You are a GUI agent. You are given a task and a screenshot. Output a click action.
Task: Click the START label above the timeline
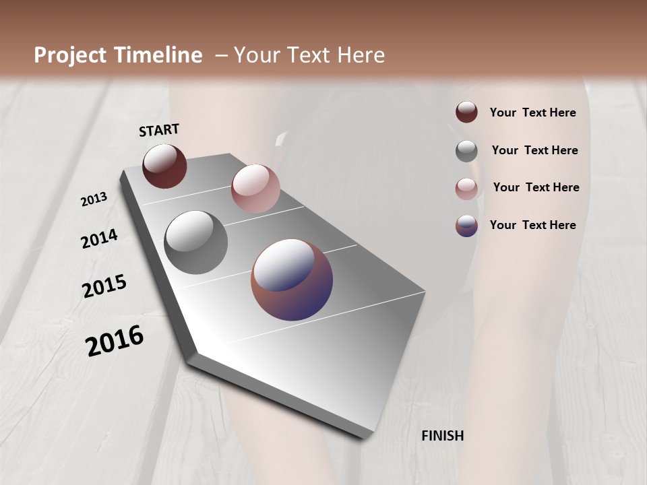click(x=159, y=130)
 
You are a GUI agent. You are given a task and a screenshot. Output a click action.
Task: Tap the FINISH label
click(x=442, y=436)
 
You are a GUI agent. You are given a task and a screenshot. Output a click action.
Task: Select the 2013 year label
click(x=94, y=199)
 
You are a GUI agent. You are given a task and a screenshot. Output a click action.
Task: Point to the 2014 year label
click(x=99, y=238)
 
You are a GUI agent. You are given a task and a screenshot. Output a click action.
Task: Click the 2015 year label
click(x=104, y=286)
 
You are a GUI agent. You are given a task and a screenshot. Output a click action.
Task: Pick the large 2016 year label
click(x=115, y=340)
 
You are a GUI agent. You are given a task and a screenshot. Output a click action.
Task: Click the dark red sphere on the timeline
click(x=164, y=166)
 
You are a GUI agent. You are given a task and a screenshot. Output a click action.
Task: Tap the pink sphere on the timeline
click(x=255, y=189)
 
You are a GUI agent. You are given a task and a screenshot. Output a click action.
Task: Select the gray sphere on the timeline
click(x=196, y=243)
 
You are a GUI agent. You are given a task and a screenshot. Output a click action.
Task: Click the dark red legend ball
click(x=466, y=112)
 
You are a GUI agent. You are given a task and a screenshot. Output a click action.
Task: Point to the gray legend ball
click(x=466, y=151)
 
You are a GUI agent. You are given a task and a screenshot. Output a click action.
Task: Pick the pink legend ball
click(x=466, y=189)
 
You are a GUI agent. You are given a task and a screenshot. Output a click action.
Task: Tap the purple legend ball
click(x=466, y=226)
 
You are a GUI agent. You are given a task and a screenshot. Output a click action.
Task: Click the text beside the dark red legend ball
click(x=532, y=112)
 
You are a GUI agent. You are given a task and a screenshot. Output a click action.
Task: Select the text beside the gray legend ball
click(x=534, y=150)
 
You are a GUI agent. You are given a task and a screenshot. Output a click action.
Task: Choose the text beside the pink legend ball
click(x=536, y=187)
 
